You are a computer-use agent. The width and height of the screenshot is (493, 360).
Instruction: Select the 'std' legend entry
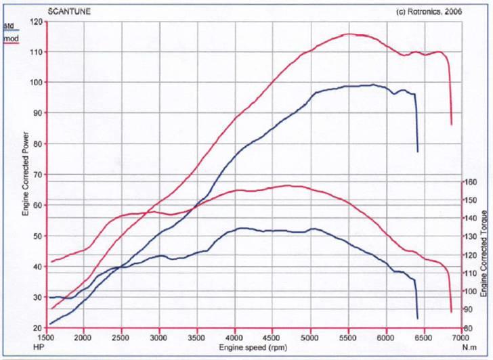pos(9,25)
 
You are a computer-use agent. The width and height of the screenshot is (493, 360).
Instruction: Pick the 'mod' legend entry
pos(11,38)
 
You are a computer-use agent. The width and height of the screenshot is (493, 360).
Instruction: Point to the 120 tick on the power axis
pos(36,22)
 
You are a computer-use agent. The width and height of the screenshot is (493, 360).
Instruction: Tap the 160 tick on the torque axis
pos(469,182)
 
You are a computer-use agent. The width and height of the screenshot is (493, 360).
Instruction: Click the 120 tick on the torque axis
pos(469,255)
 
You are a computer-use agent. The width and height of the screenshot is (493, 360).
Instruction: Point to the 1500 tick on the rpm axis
pos(46,337)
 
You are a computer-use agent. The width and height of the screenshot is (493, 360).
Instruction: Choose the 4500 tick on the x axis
pos(272,337)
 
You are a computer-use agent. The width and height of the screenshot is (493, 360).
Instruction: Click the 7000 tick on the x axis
pos(460,337)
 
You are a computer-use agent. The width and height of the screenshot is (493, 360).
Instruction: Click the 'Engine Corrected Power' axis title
pos(25,174)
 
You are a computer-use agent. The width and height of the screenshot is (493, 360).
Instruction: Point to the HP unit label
pos(38,346)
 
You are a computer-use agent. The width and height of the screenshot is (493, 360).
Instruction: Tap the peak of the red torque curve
pos(287,185)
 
